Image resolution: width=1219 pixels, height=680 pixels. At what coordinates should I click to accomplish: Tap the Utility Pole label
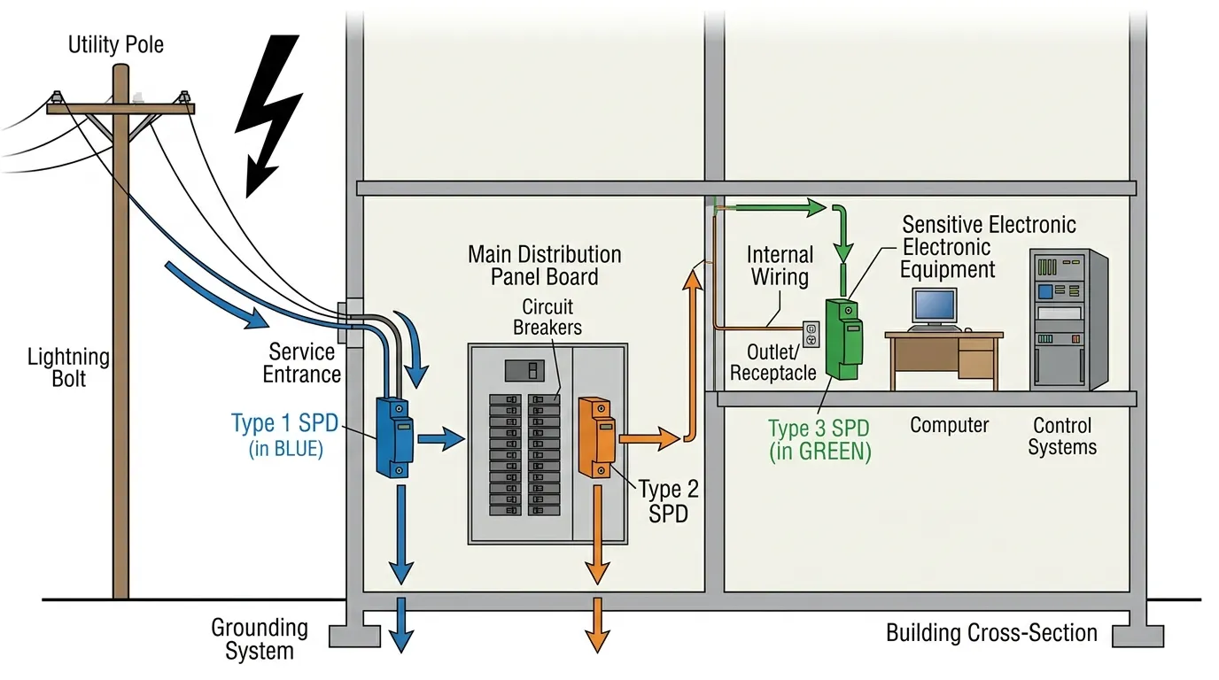[116, 44]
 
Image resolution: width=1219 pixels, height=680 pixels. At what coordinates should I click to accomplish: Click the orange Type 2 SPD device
[594, 437]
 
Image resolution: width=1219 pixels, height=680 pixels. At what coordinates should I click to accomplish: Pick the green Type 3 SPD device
[843, 338]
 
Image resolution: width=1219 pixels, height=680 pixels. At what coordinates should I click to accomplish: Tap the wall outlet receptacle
[811, 334]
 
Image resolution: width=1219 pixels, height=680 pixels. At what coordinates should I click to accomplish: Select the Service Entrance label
[301, 362]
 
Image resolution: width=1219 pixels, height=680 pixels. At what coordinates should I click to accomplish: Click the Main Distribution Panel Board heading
[545, 266]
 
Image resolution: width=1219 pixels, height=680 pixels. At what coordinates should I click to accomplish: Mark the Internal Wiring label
[780, 266]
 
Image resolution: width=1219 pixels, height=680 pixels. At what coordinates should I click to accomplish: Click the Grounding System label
[259, 639]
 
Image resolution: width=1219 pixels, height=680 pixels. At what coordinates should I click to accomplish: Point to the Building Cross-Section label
[991, 633]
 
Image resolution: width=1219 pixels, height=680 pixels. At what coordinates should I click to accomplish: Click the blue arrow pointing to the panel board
[440, 437]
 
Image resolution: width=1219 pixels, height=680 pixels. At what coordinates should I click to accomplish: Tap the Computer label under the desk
[949, 425]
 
